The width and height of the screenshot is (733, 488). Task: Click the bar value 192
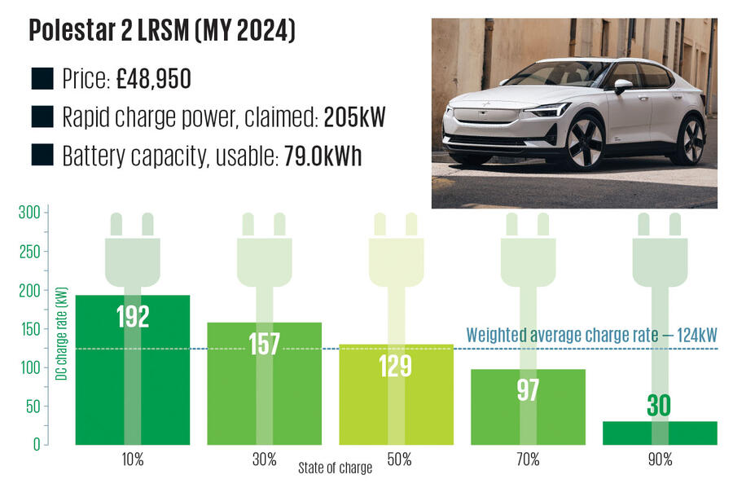pos(133,316)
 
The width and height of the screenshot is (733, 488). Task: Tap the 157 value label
pos(264,343)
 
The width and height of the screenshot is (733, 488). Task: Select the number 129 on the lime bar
pos(396,366)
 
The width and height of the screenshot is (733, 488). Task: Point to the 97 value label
pos(528,389)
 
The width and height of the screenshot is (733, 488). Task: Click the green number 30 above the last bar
pos(661,406)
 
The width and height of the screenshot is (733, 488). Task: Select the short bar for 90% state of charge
pos(660,433)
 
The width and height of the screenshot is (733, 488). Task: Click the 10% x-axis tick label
pos(133,460)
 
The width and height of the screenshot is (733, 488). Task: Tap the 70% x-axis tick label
pos(528,460)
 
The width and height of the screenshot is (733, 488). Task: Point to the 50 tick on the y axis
pos(30,407)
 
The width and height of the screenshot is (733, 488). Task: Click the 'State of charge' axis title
pos(335,468)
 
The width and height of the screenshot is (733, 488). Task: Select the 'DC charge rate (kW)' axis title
pos(61,333)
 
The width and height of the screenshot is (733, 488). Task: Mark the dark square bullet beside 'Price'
pos(42,79)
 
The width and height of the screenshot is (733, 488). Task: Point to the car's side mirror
pos(622,85)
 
